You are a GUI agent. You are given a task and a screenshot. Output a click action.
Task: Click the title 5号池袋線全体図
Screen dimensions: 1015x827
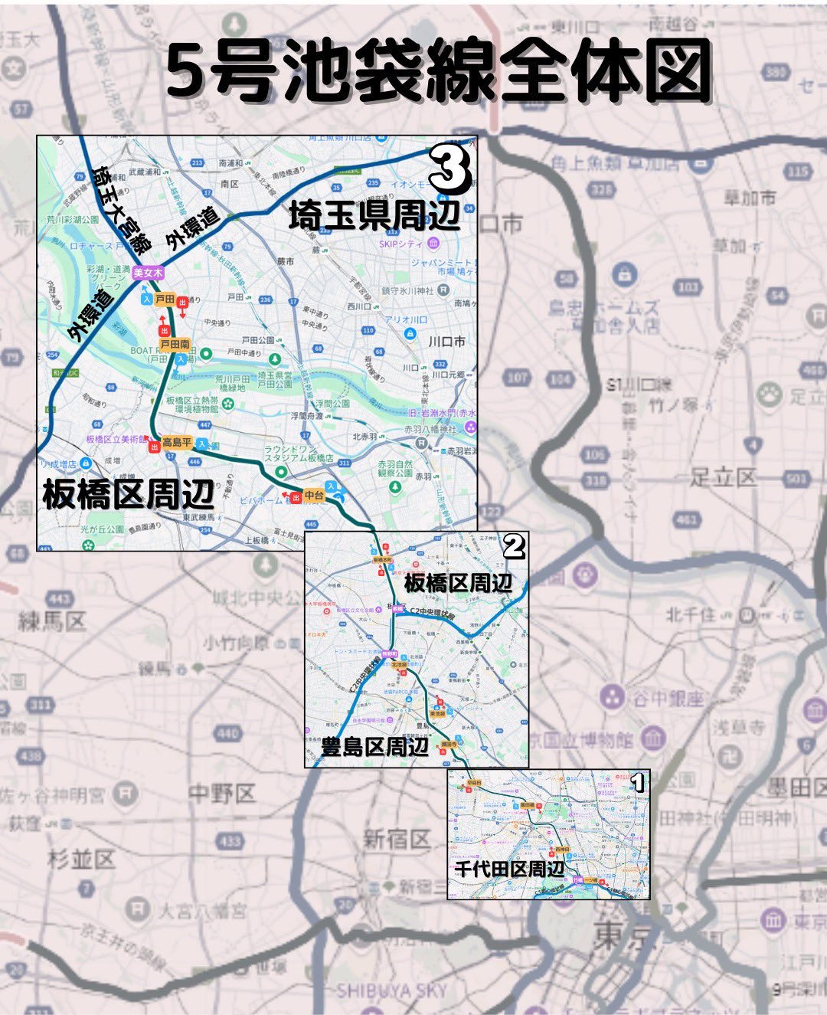coord(439,71)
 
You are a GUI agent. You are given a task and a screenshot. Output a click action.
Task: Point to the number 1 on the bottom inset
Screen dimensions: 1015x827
coord(637,783)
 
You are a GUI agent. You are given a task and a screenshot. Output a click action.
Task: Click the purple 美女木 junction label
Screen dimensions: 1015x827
coord(147,273)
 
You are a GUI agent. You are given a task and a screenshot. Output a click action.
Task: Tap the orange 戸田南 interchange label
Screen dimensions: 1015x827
coord(175,345)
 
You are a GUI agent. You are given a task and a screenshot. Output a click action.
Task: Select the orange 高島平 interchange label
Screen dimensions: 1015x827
coord(176,443)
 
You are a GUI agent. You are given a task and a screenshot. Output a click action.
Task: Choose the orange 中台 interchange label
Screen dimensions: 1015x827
coord(314,496)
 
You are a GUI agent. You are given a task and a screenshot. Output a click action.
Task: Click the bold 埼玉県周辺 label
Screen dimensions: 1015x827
coord(374,217)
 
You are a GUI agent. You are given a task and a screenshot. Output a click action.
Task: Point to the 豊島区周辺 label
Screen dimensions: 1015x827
coord(374,746)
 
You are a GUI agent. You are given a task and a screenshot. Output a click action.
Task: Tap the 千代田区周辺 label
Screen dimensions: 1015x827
coord(509,869)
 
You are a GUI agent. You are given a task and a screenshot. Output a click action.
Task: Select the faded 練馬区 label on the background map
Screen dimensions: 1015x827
coord(52,621)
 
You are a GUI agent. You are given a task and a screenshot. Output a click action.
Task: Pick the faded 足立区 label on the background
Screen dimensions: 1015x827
coord(722,478)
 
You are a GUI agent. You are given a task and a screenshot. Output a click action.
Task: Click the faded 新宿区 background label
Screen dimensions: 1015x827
coord(396,840)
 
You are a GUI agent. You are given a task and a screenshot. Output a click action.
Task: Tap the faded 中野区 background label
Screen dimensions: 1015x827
coord(221,794)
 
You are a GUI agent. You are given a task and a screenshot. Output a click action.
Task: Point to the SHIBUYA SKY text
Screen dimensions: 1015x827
coord(391,991)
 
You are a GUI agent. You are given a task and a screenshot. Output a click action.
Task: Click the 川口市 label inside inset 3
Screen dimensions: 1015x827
coord(446,342)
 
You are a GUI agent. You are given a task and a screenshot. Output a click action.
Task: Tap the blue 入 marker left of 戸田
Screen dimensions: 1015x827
coord(146,300)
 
